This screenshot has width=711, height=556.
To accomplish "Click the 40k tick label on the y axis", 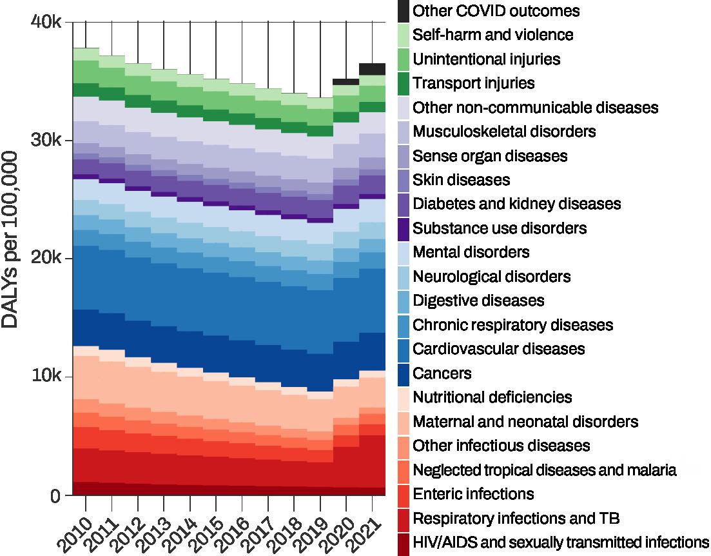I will (46, 22).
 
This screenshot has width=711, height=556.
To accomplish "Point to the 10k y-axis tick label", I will (46, 377).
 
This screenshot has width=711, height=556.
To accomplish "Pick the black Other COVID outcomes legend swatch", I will (403, 11).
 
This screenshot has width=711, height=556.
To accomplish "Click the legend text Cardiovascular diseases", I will (498, 349).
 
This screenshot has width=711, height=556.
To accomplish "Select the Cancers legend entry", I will (442, 373).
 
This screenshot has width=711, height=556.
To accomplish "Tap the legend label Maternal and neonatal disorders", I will (525, 422).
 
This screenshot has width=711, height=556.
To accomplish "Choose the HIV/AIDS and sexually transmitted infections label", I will (560, 542).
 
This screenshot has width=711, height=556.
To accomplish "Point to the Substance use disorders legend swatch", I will (403, 228).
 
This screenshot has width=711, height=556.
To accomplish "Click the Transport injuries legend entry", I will (473, 83).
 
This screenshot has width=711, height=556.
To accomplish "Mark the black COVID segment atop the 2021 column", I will (373, 69).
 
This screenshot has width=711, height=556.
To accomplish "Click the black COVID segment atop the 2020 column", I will (346, 82).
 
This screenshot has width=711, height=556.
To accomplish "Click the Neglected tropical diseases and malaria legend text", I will (544, 470).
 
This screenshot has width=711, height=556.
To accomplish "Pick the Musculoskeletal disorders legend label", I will (503, 132).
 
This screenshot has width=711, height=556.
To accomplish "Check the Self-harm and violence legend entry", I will (492, 35).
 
